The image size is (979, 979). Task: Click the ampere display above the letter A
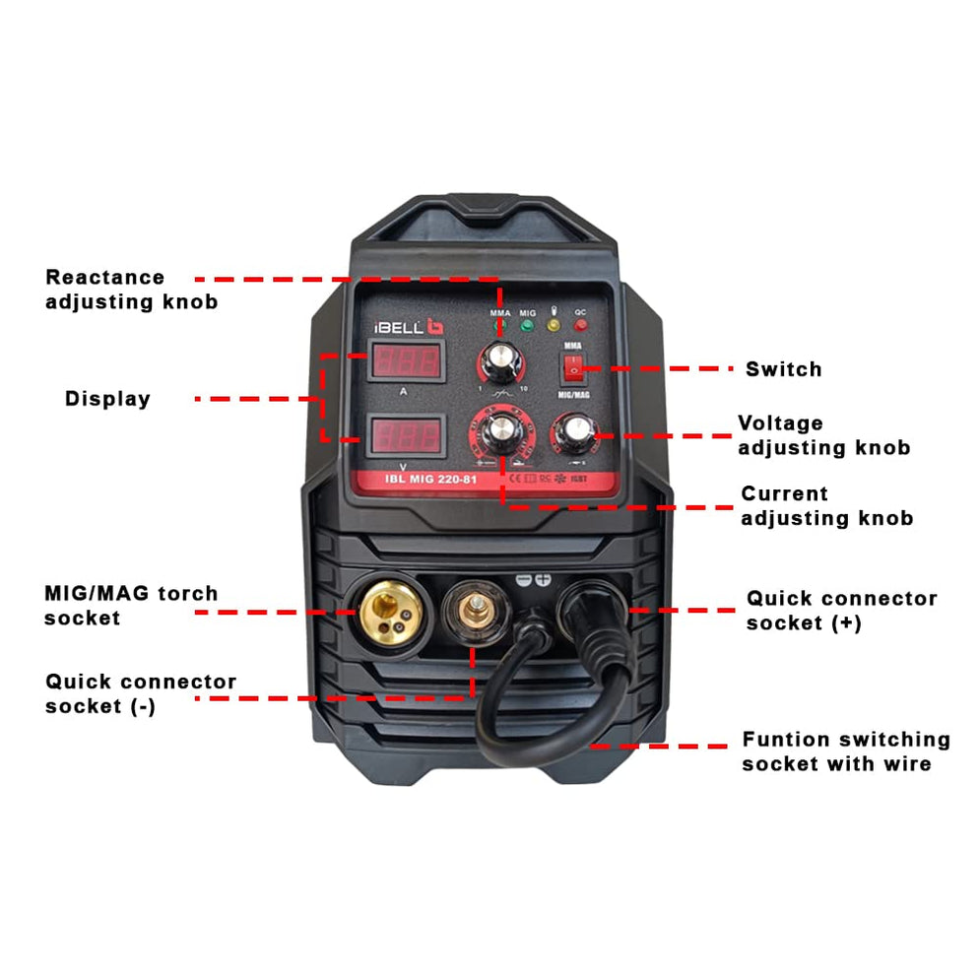(403, 361)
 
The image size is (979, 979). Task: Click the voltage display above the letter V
(403, 434)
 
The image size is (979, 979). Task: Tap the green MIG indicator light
(528, 324)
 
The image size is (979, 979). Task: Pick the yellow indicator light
(554, 324)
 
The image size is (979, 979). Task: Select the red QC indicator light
(581, 324)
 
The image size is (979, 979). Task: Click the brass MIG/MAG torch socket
(388, 612)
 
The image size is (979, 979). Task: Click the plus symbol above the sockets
(542, 579)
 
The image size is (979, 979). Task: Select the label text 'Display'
(107, 399)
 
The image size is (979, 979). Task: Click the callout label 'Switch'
(783, 369)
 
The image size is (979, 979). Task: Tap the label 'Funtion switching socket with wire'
(845, 751)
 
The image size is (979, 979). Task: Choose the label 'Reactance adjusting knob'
(131, 290)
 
